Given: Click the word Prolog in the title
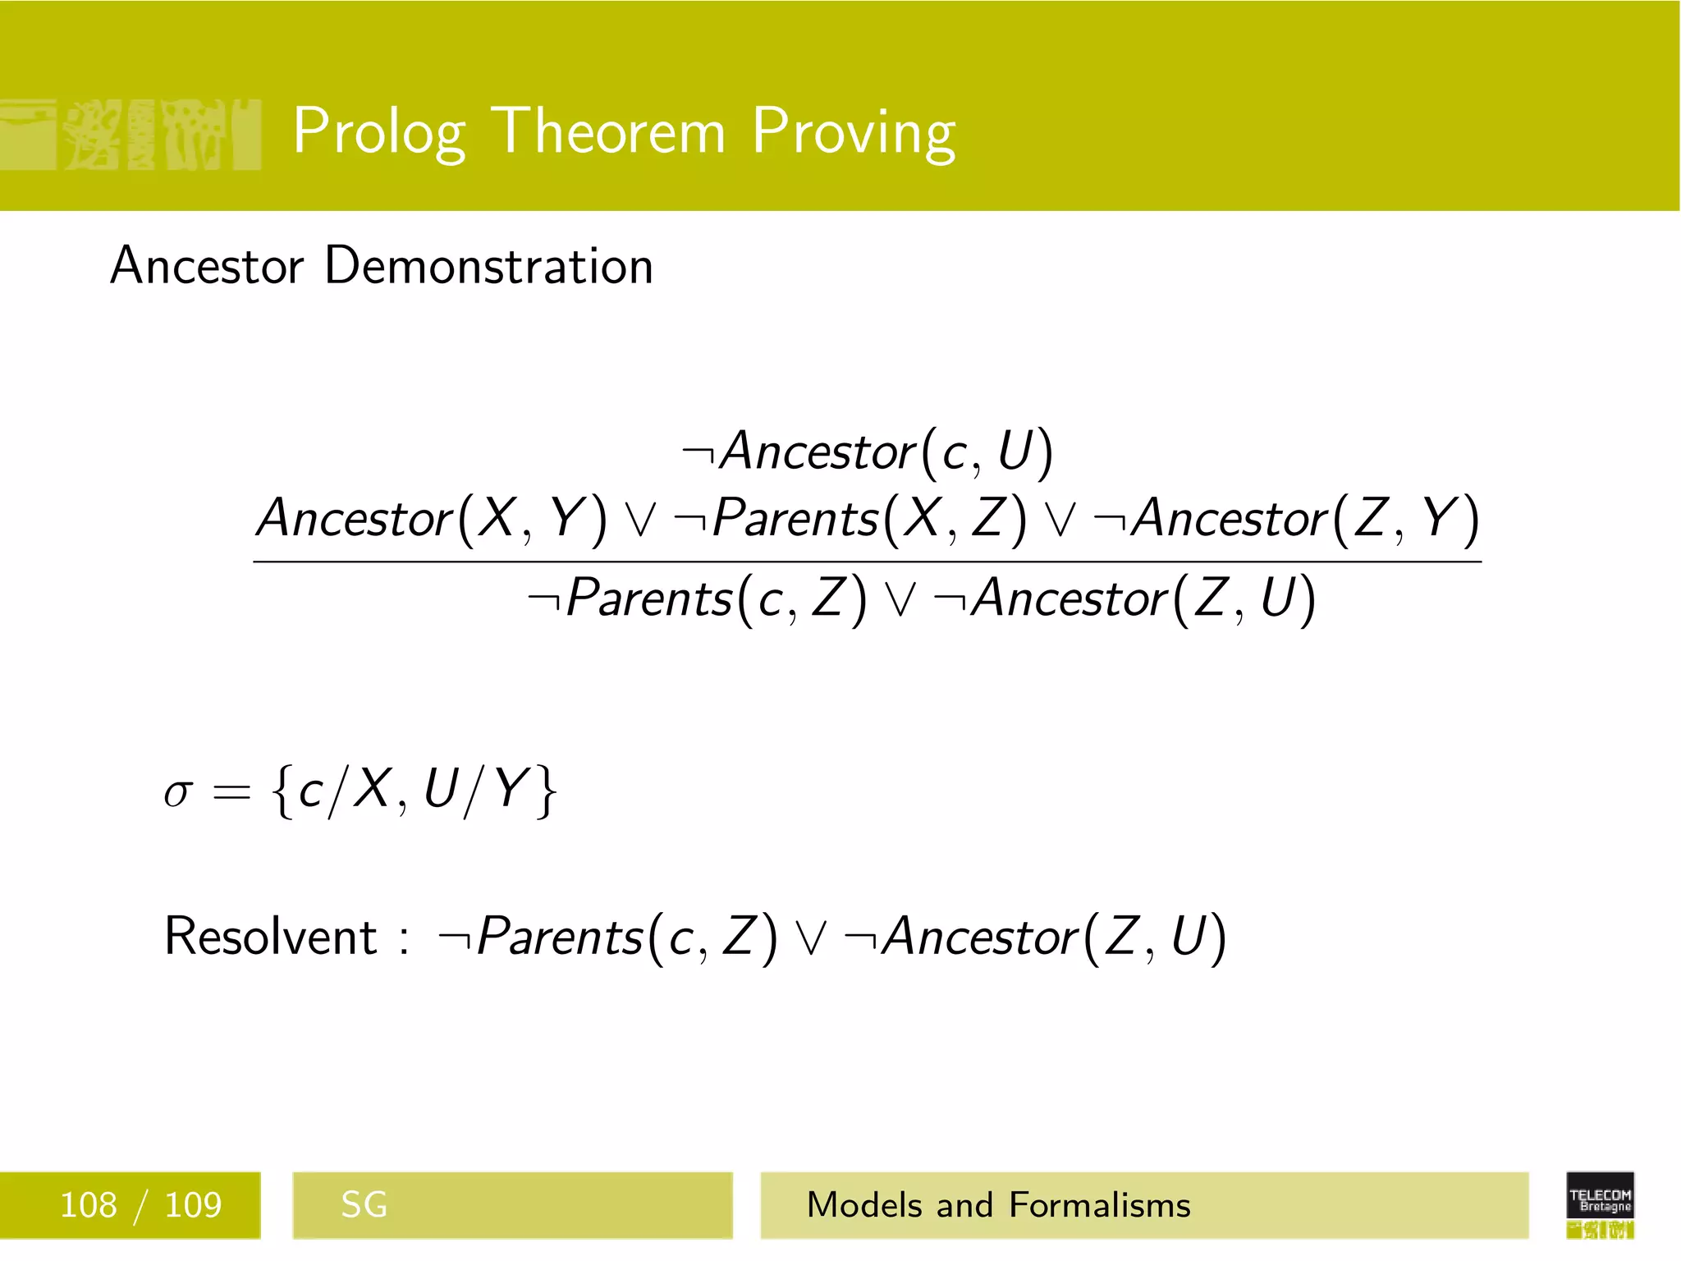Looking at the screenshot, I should pos(379,131).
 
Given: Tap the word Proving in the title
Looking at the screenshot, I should pos(854,131).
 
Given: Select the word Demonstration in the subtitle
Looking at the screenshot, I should pos(488,266).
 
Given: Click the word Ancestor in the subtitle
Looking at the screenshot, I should pos(207,267).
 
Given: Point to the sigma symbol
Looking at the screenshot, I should pos(178,793).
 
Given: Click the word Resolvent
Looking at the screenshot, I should pos(270,936).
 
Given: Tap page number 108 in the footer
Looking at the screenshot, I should pos(89,1205).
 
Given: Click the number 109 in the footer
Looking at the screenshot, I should pos(193,1205).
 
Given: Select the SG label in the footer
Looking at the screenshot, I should pos(364,1205).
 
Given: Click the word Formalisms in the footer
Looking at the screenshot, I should pos(1099,1205).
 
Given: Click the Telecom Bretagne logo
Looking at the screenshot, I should pos(1600,1204).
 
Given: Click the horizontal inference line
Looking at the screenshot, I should pos(867,562).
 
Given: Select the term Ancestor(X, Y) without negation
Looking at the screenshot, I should pos(432,519).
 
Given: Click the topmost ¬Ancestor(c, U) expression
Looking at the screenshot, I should pos(867,452).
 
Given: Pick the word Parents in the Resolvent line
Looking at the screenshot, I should pos(560,936).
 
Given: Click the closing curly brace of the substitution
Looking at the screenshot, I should pos(546,791).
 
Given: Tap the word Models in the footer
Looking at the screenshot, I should pos(865,1205).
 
